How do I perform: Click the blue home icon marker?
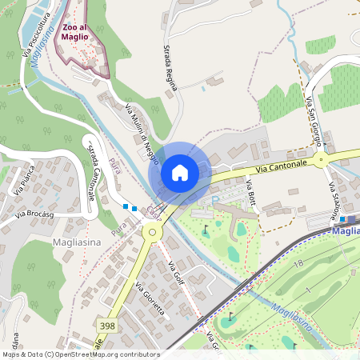click(x=180, y=173)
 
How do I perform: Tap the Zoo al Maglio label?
click(x=81, y=30)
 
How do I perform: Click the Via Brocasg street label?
click(x=34, y=214)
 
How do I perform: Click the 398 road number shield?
click(x=108, y=325)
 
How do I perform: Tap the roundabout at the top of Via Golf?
click(x=150, y=233)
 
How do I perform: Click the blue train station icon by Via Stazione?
click(x=342, y=218)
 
